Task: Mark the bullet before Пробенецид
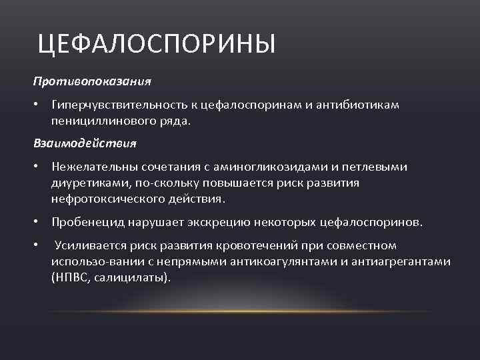(39, 222)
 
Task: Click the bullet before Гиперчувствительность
(39, 105)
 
